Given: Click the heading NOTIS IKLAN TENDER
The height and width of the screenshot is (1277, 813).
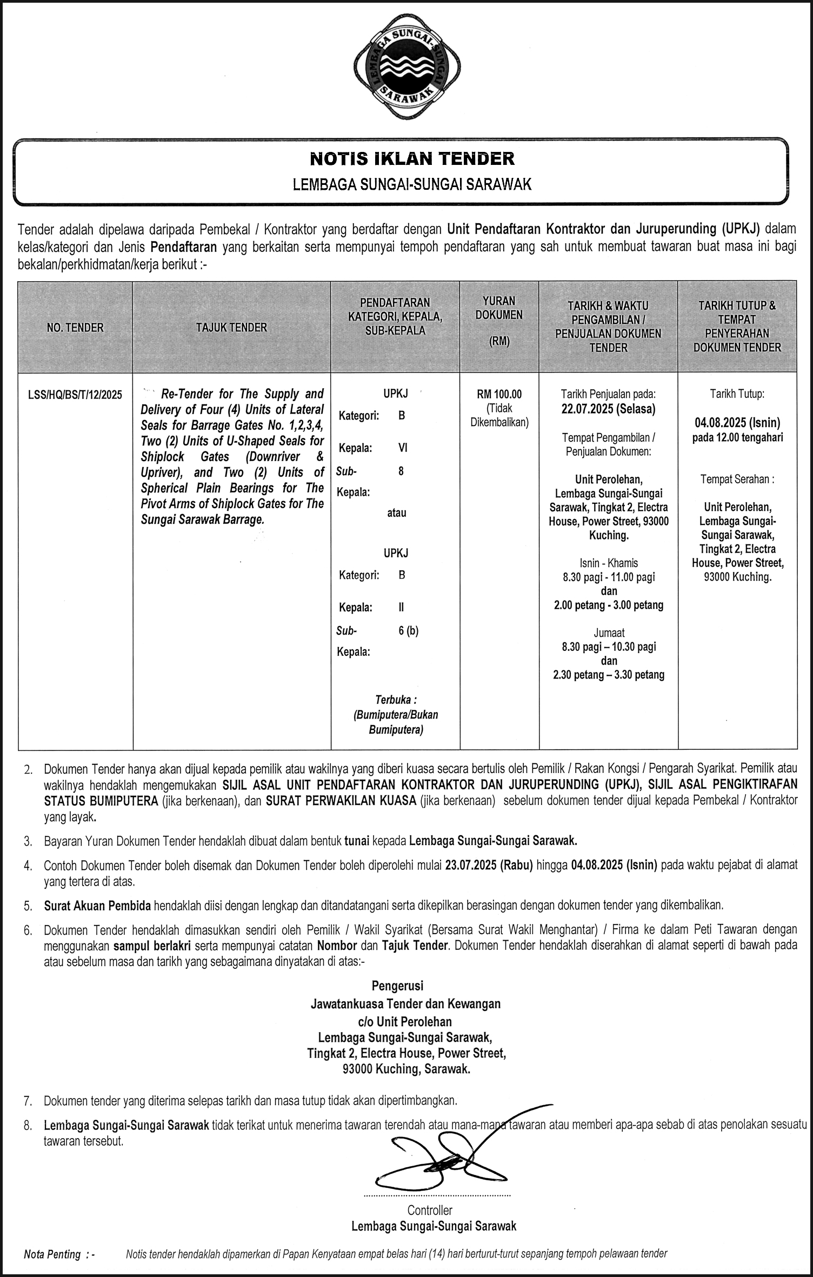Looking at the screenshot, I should pos(412,158).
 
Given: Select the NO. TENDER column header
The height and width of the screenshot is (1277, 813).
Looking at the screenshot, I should pos(75,327).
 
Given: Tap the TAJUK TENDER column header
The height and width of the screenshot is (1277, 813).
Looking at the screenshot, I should pos(231,327).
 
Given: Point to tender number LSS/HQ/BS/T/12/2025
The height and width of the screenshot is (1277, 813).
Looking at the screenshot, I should pos(75,395).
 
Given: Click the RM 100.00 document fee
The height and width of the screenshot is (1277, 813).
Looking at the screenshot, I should pos(499,394).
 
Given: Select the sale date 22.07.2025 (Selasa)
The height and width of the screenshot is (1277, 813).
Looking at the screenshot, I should pos(608,409).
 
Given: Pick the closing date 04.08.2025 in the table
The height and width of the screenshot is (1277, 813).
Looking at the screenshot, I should pos(737,423).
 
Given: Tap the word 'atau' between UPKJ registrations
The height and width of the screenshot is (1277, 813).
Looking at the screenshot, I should pos(396,513).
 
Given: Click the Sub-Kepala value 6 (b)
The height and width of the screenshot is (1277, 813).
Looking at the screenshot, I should pos(409,630).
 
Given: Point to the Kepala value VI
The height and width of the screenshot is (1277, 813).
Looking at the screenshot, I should pos(403,448).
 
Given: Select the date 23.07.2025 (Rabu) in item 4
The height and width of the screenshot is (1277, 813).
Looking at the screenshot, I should pos(489,864).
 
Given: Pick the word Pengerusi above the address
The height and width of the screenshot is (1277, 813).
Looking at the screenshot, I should pos(397,986).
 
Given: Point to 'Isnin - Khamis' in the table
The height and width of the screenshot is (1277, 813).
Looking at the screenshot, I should pos(608,563).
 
